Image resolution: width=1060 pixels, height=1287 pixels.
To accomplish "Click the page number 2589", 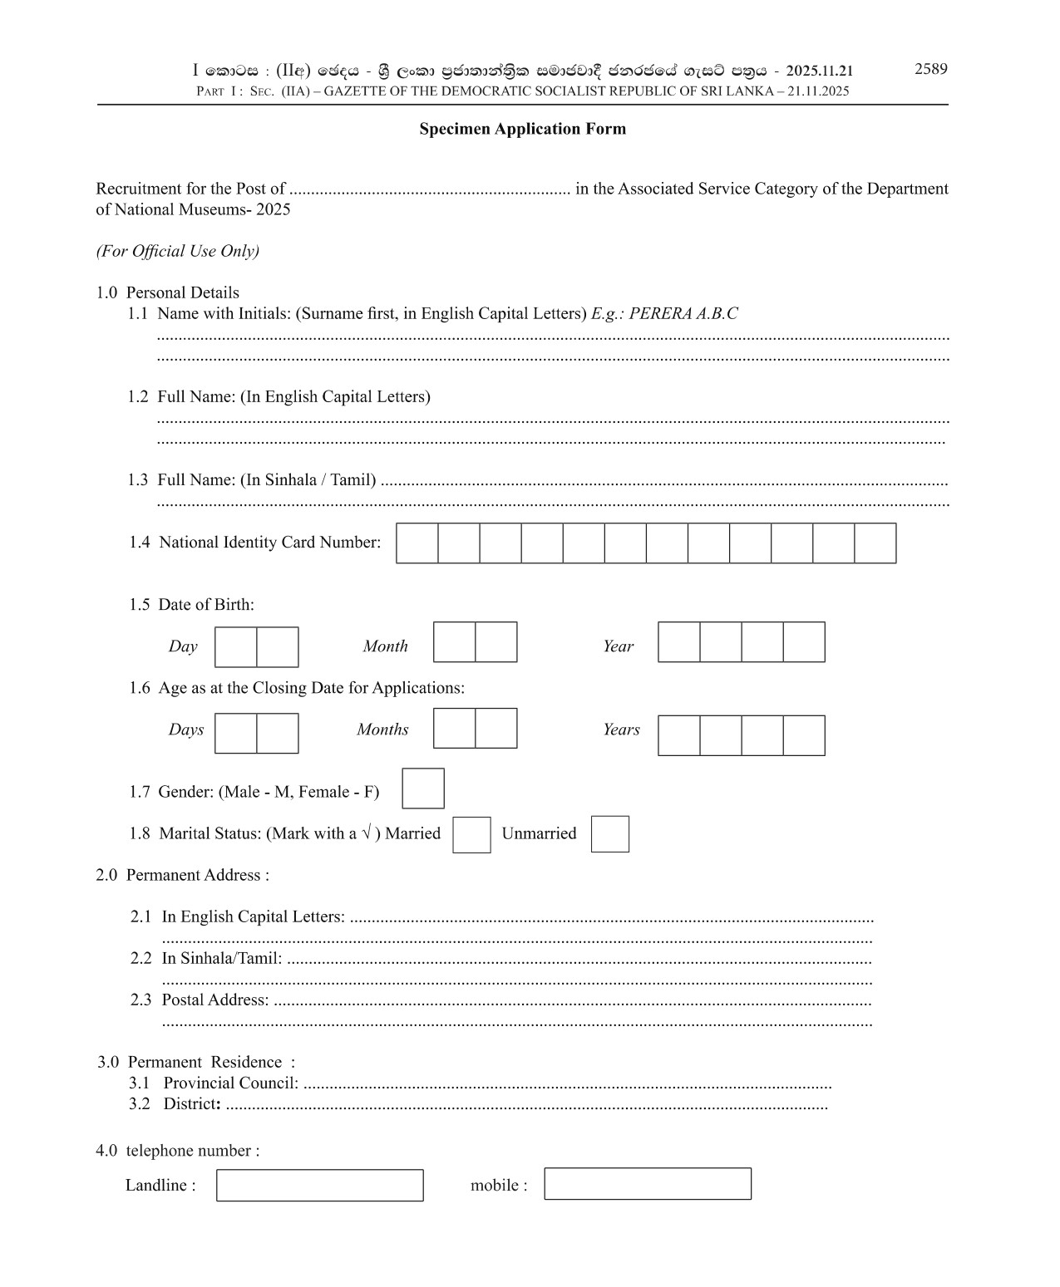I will pos(930,69).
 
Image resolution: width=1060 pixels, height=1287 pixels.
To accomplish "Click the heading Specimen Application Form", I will pos(522,129).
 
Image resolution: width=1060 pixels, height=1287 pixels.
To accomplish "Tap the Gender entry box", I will pos(422,788).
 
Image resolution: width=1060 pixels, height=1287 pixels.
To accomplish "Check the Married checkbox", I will pos(471,834).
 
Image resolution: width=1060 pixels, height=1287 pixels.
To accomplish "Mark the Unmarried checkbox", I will pos(609,834).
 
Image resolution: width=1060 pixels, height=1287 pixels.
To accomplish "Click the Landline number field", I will pos(319,1185).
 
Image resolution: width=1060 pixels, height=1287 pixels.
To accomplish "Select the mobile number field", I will pos(647,1184).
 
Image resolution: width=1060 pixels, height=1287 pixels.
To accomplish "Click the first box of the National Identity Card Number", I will pos(417,543).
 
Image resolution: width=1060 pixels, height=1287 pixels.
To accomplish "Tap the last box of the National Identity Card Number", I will pos(875,543).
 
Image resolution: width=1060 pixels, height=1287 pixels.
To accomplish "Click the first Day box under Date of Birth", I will pos(235,647).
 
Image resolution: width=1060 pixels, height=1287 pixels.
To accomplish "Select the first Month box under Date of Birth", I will pos(454,642).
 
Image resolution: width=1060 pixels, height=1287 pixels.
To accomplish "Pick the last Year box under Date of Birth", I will pos(804,642).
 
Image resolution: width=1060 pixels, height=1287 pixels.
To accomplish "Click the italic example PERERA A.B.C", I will pos(683,314).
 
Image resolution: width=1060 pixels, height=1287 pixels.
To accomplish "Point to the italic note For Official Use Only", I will pos(177,251).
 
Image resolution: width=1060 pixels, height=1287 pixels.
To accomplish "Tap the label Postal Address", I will pos(214,1000).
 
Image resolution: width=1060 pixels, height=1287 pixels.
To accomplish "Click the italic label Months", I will pos(382,729).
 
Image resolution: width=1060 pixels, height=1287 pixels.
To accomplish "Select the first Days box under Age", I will pos(235,734).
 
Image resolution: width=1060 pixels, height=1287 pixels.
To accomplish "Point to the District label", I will pos(191,1103).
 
